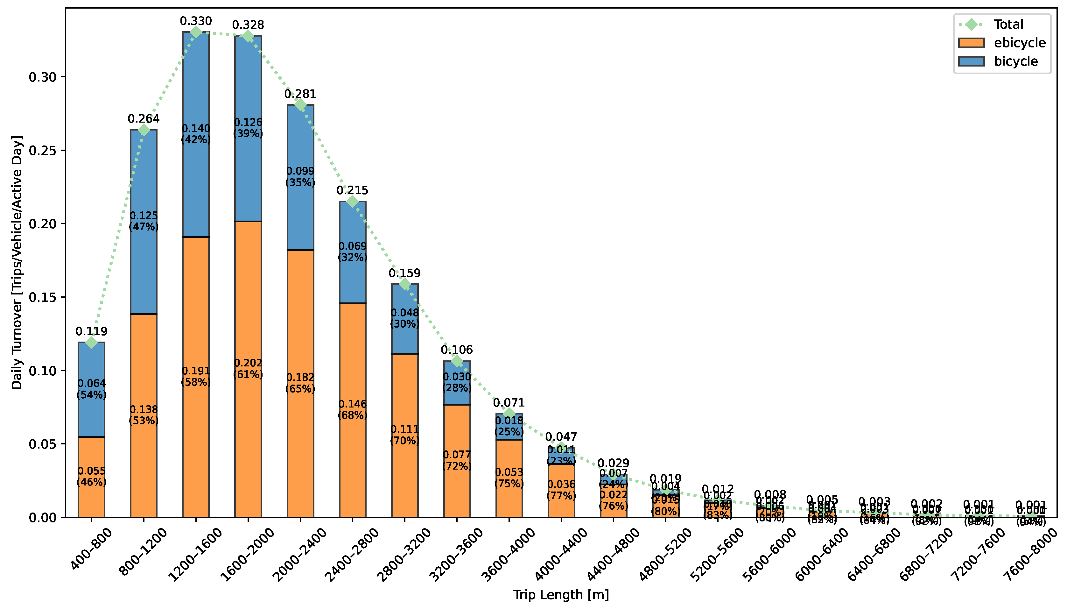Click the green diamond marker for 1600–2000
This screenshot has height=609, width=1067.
coord(248,36)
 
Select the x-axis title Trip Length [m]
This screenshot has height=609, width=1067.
coord(561,594)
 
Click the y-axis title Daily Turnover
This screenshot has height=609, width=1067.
coord(17,262)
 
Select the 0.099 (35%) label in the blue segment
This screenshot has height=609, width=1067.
coord(300,176)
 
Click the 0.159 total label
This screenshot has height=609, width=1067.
coord(404,273)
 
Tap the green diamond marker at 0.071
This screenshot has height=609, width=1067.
coord(509,413)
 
